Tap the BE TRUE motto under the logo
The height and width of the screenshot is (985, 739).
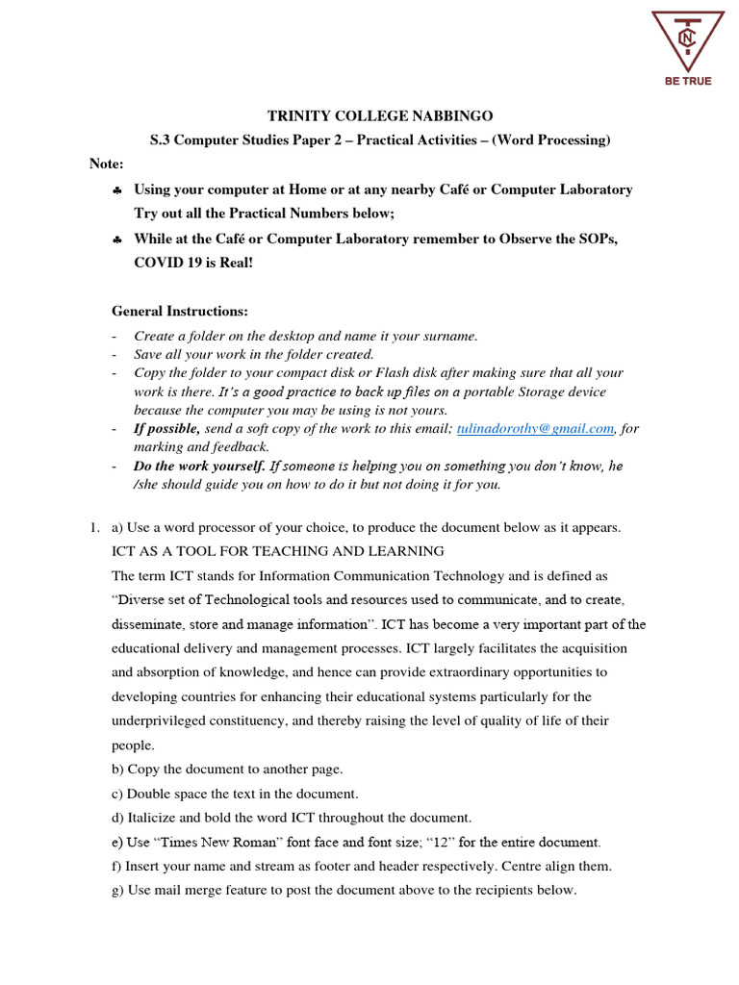pos(687,81)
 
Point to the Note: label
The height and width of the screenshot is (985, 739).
pos(107,164)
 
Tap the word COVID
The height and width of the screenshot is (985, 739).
pos(159,263)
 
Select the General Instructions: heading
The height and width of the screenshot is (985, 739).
pos(180,312)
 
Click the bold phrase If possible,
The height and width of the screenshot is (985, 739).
pos(166,429)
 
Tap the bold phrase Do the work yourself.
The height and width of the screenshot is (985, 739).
pos(199,466)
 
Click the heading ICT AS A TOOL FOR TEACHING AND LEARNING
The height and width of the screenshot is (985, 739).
pos(278,551)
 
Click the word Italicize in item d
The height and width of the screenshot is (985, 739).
pos(155,818)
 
